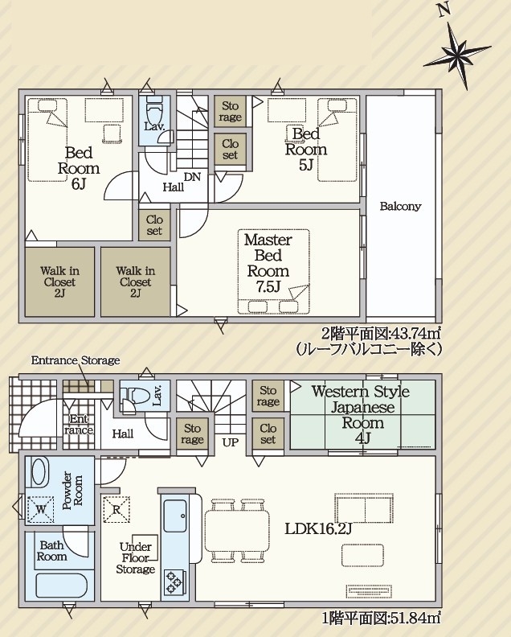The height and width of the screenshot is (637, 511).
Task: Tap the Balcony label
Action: pos(400,207)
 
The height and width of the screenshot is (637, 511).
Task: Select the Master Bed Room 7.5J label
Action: pos(268,263)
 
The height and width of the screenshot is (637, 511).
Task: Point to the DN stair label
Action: pos(192,177)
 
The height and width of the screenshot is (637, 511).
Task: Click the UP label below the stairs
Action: pos(230,442)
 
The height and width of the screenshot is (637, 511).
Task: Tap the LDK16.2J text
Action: pos(318,529)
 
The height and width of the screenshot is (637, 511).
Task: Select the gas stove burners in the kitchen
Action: pos(174,582)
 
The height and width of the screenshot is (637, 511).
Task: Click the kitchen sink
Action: pos(175,516)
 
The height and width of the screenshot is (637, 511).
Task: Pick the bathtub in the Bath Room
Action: pos(61,586)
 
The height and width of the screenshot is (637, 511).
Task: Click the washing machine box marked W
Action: pos(40,509)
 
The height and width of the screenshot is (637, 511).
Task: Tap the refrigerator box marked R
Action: pos(117,509)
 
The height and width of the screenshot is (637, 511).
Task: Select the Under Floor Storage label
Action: pos(136,558)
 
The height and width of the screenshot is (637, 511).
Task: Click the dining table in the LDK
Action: pos(237,530)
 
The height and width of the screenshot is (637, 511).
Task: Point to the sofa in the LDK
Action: pos(364,508)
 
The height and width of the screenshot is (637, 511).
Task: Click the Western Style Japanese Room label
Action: pos(362,415)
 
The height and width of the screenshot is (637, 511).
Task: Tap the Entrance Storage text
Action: pos(76,360)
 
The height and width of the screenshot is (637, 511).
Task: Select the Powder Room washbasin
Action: pos(40,471)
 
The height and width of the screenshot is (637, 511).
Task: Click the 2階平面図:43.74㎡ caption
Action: pos(381,334)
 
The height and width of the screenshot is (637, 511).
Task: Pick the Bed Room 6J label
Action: pos(79,168)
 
